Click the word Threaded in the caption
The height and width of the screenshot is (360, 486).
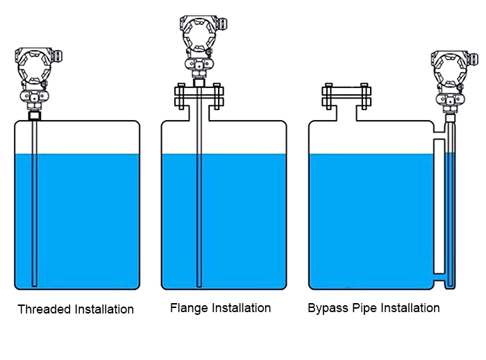point(44,309)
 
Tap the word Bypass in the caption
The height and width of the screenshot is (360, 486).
point(326,308)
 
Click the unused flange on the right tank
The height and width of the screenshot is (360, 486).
point(345,96)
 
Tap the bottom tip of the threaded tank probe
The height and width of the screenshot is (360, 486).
point(34,284)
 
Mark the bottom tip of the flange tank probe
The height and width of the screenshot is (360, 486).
point(199,284)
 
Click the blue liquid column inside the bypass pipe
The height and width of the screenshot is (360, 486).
point(451,222)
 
